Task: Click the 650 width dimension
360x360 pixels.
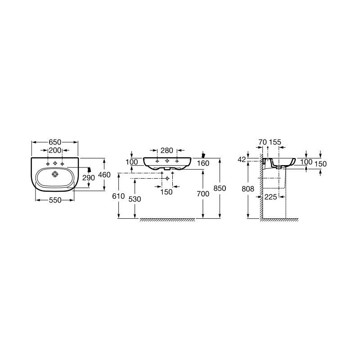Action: [55, 142]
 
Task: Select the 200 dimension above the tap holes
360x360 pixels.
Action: [55, 150]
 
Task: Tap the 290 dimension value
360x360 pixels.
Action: [89, 178]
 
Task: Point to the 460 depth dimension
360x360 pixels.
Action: [104, 175]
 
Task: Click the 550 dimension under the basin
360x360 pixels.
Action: [55, 200]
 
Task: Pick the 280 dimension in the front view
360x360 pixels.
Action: [166, 150]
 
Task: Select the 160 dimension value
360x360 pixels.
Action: [203, 163]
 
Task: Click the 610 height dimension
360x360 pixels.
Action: [118, 196]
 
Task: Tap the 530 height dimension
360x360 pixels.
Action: [135, 199]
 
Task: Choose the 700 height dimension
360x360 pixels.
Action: [203, 194]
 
